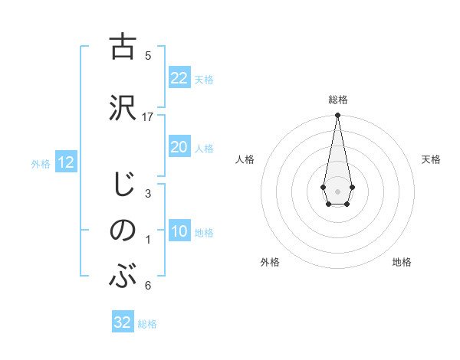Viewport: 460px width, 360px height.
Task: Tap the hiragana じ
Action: (x=123, y=185)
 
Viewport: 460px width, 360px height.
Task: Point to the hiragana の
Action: (x=122, y=231)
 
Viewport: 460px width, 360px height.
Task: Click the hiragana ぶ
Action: (x=122, y=276)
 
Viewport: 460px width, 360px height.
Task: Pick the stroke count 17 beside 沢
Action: (x=148, y=116)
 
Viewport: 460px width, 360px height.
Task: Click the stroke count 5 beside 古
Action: (x=148, y=55)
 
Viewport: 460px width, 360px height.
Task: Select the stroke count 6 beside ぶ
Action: (x=148, y=286)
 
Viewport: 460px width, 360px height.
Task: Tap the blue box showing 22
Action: (x=179, y=78)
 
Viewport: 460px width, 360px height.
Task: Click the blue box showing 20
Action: (x=179, y=147)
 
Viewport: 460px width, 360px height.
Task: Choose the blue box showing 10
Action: (x=179, y=231)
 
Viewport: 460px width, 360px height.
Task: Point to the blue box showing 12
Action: (x=65, y=162)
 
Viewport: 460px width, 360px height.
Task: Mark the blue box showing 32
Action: (x=122, y=322)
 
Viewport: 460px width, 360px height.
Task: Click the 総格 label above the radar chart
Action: (x=337, y=100)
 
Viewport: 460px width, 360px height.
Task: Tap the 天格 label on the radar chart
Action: (x=431, y=159)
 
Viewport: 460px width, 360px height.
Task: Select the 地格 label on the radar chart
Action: (x=402, y=262)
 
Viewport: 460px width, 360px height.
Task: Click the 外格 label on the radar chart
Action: (x=270, y=262)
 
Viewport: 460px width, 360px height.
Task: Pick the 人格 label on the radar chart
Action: (x=245, y=159)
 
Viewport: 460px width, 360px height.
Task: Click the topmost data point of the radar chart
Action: (x=337, y=115)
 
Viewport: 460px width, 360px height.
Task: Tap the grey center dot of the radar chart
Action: (x=337, y=190)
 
